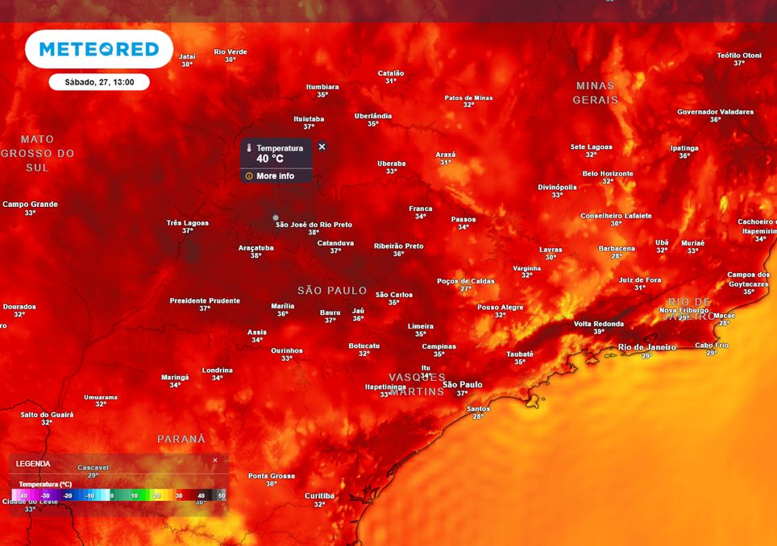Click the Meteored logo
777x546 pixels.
pyautogui.click(x=98, y=49)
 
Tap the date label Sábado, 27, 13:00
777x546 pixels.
pyautogui.click(x=99, y=82)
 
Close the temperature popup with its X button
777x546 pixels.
pyautogui.click(x=322, y=147)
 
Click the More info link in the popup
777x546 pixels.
pyautogui.click(x=275, y=176)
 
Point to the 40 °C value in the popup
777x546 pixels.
pyautogui.click(x=270, y=159)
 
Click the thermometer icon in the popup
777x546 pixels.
pyautogui.click(x=250, y=148)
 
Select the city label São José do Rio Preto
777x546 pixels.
pyautogui.click(x=314, y=225)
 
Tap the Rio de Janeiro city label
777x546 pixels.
pyautogui.click(x=646, y=347)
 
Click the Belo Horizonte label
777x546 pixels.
pyautogui.click(x=608, y=173)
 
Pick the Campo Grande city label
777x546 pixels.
pyautogui.click(x=30, y=205)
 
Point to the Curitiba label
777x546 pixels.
pyautogui.click(x=319, y=496)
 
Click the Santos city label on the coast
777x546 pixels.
pyautogui.click(x=478, y=408)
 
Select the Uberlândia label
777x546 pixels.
pyautogui.click(x=373, y=116)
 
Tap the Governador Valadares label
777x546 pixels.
pyautogui.click(x=715, y=112)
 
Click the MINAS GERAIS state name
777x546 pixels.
pyautogui.click(x=596, y=93)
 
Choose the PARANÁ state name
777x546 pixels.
pyautogui.click(x=181, y=439)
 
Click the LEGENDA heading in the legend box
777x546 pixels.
pyautogui.click(x=33, y=464)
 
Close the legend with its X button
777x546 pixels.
pyautogui.click(x=215, y=461)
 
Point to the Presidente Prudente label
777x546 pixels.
pyautogui.click(x=205, y=300)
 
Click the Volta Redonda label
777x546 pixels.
pyautogui.click(x=599, y=324)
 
